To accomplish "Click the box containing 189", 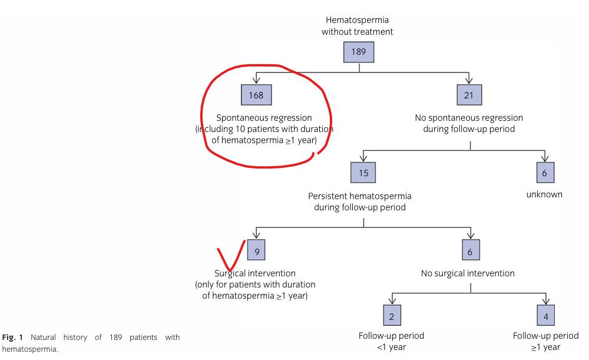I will (x=359, y=52).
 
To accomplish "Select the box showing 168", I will (x=256, y=94).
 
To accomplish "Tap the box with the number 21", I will (x=469, y=94).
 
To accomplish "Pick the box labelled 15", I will (x=363, y=172).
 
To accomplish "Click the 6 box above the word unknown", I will (x=545, y=172).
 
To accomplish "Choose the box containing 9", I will (x=256, y=251).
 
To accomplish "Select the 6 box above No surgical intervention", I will (x=469, y=251).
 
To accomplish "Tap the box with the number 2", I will (x=392, y=315).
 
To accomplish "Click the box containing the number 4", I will (x=545, y=315).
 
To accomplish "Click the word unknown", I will (x=544, y=194).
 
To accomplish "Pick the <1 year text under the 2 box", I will (x=391, y=347).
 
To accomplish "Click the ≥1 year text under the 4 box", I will (x=545, y=347).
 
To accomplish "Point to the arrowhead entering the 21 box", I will (x=469, y=81).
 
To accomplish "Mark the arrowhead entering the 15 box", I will (x=363, y=159).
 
